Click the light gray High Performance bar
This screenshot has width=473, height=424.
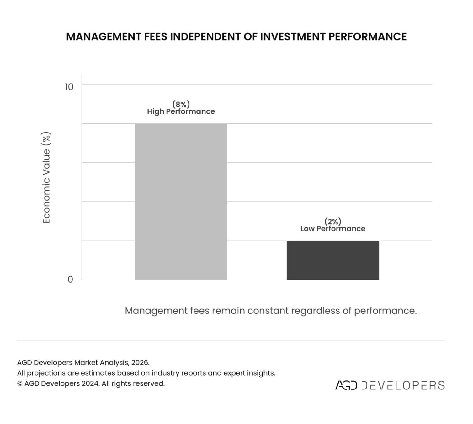click(x=181, y=201)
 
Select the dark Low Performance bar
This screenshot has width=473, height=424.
click(x=332, y=260)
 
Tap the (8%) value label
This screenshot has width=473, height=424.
click(x=181, y=104)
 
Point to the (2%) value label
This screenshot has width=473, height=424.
click(x=332, y=221)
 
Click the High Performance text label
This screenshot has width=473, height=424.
click(x=181, y=112)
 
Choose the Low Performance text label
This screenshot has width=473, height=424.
click(x=332, y=229)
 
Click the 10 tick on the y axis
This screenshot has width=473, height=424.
click(x=69, y=87)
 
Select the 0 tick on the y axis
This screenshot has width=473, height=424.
click(x=70, y=279)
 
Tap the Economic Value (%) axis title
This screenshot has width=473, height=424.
click(x=46, y=177)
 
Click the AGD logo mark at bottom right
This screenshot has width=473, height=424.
click(x=346, y=385)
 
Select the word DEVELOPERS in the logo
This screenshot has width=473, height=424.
click(x=403, y=385)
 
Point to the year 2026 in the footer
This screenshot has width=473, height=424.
click(x=140, y=362)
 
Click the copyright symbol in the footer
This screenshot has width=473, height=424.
click(x=20, y=383)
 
